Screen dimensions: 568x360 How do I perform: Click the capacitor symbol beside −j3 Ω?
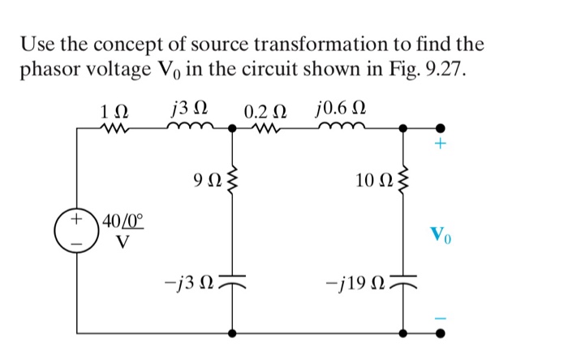[x=233, y=280]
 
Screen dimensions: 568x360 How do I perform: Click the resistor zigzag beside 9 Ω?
[x=233, y=179]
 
